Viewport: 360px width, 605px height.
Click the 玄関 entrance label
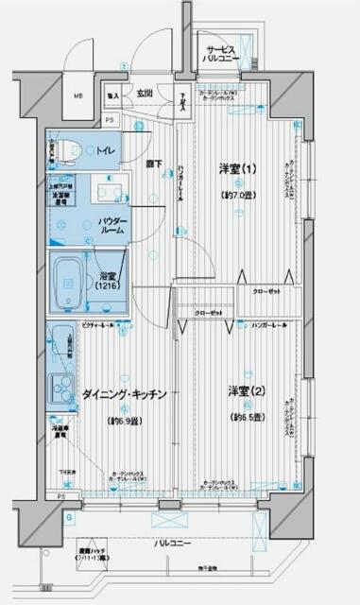pyautogui.click(x=145, y=94)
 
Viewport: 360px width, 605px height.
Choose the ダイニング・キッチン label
pyautogui.click(x=125, y=392)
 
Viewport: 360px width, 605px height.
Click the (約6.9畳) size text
pyautogui.click(x=124, y=420)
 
